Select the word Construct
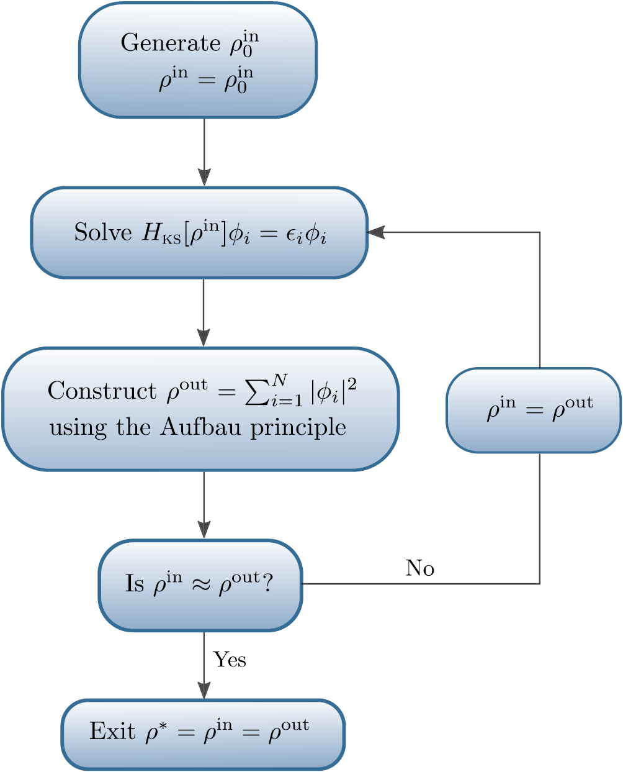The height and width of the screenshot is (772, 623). [x=102, y=391]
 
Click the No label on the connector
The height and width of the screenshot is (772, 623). [x=420, y=568]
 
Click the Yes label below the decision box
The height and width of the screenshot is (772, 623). [x=230, y=660]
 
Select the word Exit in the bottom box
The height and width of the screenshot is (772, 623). [x=112, y=731]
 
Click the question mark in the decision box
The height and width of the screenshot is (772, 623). [x=267, y=584]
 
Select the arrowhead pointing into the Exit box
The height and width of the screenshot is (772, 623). [x=204, y=690]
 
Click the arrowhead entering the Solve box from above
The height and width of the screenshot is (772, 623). [x=204, y=176]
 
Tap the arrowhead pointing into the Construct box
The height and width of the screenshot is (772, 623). [x=204, y=337]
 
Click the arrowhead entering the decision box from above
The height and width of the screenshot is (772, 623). [x=204, y=529]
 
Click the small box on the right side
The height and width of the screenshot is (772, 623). [x=533, y=410]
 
